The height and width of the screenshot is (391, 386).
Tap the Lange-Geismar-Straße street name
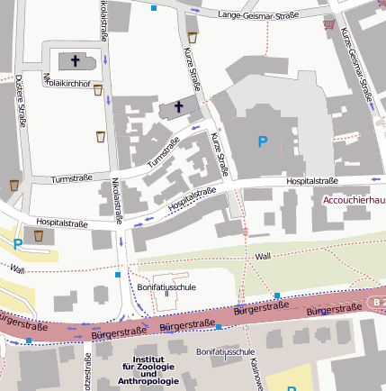[x=259, y=14]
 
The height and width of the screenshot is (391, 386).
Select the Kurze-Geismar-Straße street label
[x=357, y=64]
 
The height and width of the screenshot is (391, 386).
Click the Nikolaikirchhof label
[x=67, y=82]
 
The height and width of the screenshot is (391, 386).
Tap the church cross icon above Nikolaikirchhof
[x=75, y=61]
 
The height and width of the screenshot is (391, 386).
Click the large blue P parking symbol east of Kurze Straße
[x=263, y=141]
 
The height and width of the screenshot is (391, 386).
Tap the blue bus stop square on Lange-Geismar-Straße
[x=154, y=7]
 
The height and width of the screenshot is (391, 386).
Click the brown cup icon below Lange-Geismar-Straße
[x=193, y=37]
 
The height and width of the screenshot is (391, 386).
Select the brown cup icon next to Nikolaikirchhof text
[x=98, y=88]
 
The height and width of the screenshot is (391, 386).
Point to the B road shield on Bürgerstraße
[x=376, y=301]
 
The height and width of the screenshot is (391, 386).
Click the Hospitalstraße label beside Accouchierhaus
[x=311, y=181]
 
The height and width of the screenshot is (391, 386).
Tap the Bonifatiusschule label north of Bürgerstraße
[x=166, y=286]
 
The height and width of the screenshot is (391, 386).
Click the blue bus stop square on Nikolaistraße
[x=118, y=273]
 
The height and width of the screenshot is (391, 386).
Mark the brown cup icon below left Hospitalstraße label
[x=38, y=236]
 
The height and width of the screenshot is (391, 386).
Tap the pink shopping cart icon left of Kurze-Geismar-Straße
[x=330, y=25]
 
